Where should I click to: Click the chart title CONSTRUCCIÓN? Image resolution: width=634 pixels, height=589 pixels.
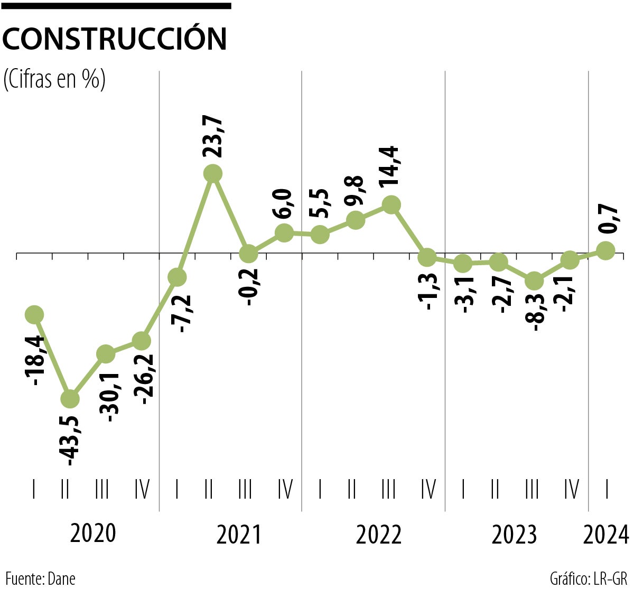[x=115, y=39]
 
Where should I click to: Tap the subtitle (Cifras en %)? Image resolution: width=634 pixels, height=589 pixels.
[x=54, y=79]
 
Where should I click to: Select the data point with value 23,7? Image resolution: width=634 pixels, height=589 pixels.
[x=212, y=173]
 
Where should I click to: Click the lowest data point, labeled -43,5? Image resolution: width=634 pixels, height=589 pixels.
[x=70, y=399]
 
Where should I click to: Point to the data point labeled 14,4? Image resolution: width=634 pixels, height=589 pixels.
[x=390, y=204]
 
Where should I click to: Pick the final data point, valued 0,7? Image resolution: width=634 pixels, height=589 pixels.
[x=605, y=250]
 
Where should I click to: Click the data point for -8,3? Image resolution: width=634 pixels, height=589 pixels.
[x=534, y=281]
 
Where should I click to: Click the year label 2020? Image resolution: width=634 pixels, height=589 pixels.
[x=93, y=534]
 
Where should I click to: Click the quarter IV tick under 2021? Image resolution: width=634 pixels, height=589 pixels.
[x=285, y=490]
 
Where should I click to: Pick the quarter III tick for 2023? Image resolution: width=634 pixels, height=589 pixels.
[x=532, y=490]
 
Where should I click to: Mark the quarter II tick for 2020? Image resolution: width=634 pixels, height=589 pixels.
[x=65, y=490]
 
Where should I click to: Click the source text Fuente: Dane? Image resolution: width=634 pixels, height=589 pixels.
[x=41, y=578]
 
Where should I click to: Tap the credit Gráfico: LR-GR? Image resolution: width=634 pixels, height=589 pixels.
[x=589, y=578]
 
